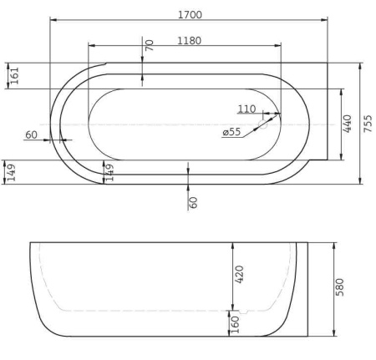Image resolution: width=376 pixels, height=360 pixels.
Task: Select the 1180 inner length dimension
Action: click(x=189, y=40)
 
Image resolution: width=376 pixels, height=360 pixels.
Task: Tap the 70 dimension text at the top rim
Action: click(x=150, y=45)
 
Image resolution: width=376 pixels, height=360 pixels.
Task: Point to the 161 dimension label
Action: click(x=14, y=75)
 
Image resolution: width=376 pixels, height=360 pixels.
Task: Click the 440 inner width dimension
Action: click(x=348, y=123)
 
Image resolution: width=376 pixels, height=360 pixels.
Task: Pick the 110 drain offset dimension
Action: click(x=246, y=109)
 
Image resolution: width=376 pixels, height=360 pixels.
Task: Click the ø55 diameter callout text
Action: click(x=231, y=132)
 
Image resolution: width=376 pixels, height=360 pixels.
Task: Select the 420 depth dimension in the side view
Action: click(x=239, y=274)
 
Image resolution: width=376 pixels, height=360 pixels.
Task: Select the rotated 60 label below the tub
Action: click(x=193, y=201)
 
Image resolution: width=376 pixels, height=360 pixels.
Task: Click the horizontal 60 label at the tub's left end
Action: click(x=32, y=134)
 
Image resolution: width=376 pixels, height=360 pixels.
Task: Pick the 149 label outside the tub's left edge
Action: click(x=10, y=172)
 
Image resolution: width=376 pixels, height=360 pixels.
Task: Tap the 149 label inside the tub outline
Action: click(x=109, y=172)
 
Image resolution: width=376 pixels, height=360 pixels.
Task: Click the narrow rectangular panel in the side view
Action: click(x=302, y=289)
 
